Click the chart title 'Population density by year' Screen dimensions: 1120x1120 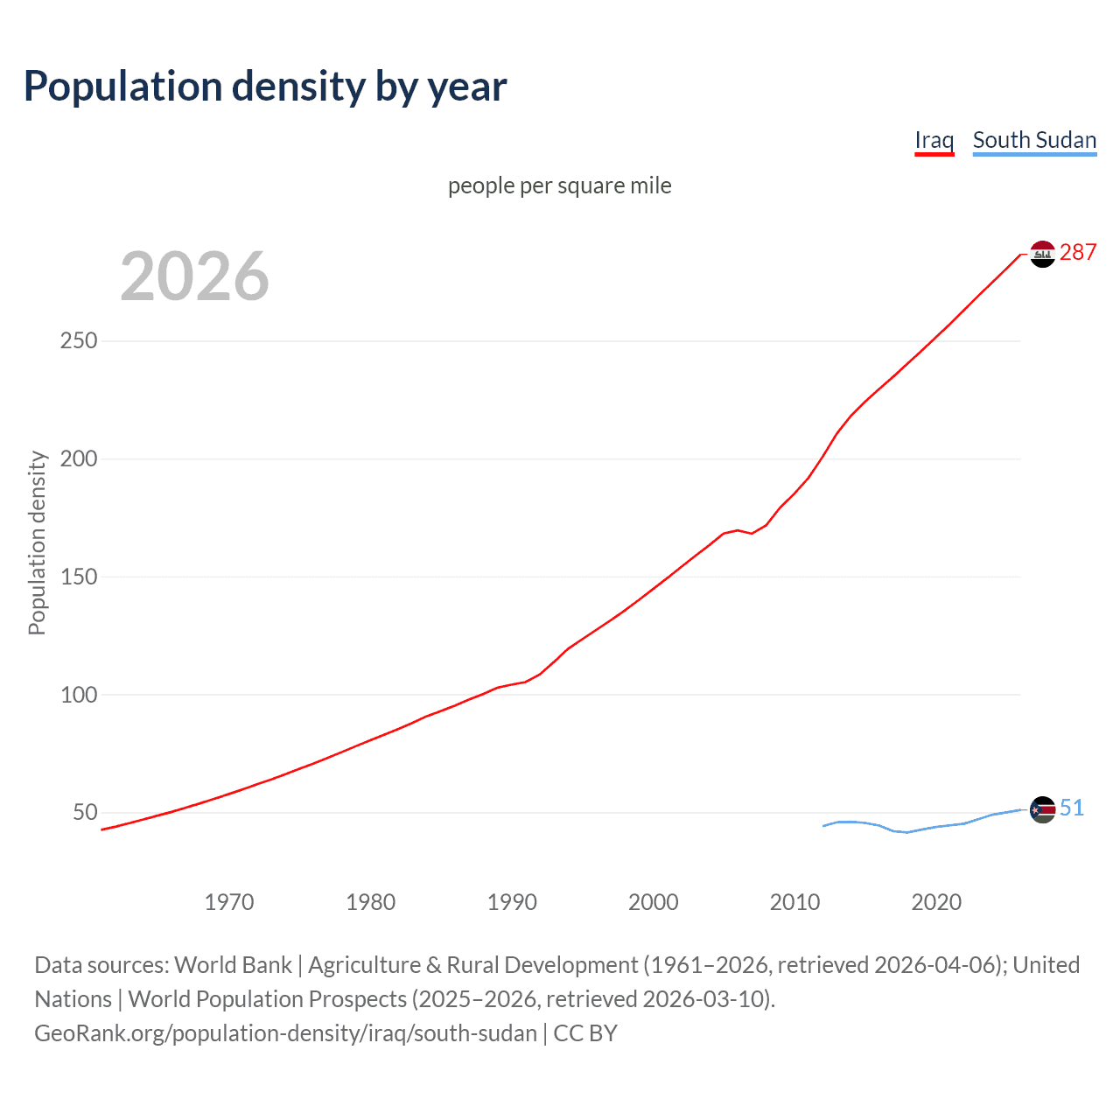point(265,87)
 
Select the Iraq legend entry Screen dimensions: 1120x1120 point(934,140)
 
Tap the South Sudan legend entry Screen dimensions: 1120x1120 point(1034,140)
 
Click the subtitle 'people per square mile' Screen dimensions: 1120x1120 point(559,185)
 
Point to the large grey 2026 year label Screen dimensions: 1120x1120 point(194,276)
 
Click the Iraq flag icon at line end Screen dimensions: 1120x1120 point(1042,254)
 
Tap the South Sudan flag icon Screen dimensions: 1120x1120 point(1042,809)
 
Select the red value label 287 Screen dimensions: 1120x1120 point(1078,252)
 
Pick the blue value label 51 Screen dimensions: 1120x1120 point(1072,808)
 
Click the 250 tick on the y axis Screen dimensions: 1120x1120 point(79,340)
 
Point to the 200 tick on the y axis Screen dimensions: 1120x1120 point(79,458)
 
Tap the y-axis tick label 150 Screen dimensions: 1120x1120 point(79,577)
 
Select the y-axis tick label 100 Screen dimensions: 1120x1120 point(79,695)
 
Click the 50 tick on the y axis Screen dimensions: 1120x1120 point(85,812)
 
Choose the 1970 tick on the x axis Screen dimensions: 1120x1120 point(229,902)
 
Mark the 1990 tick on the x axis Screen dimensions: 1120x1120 point(512,902)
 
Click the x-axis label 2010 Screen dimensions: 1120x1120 point(794,902)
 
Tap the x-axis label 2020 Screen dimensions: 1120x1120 point(936,902)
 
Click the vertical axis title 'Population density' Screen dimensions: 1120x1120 point(37,542)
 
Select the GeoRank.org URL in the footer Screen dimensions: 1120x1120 point(285,1033)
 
